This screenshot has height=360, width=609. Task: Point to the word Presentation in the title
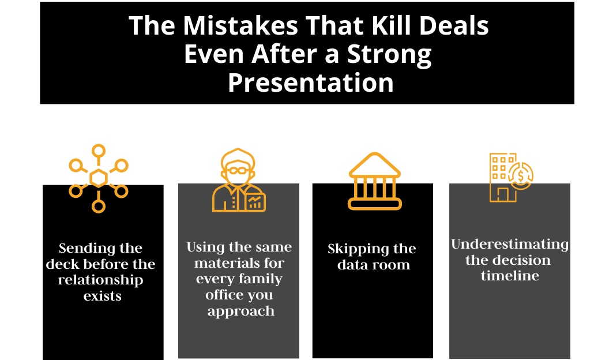click(x=310, y=82)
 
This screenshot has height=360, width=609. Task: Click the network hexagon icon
click(x=99, y=178)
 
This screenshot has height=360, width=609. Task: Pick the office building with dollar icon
click(x=510, y=177)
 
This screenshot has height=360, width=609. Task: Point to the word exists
click(x=103, y=297)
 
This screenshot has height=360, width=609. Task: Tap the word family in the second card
click(x=261, y=279)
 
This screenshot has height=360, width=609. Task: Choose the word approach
click(x=240, y=312)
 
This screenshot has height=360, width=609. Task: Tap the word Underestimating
click(x=510, y=244)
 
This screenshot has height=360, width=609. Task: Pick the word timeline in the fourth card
click(x=510, y=276)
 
